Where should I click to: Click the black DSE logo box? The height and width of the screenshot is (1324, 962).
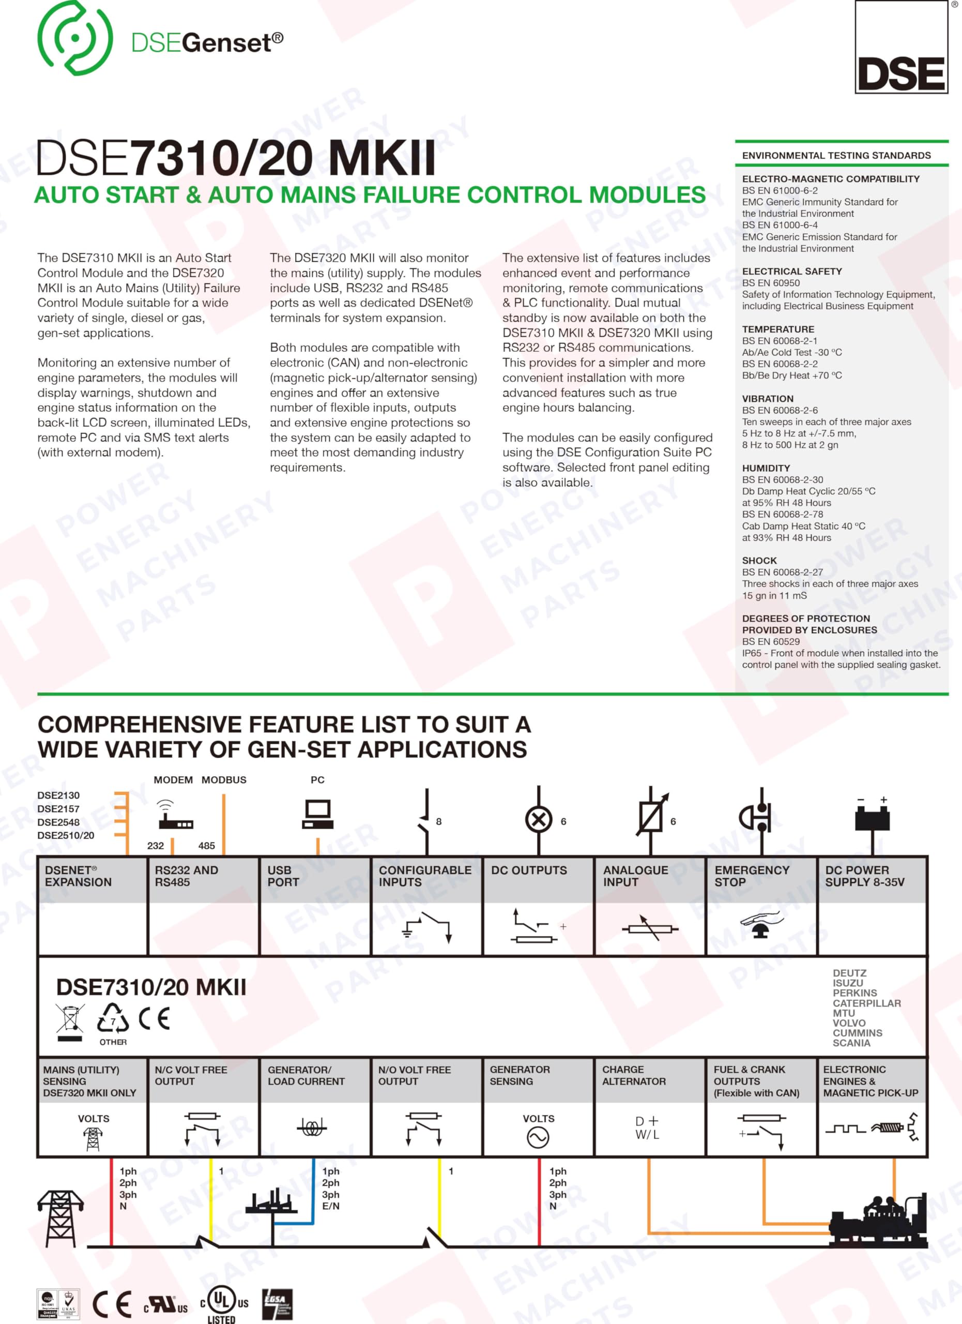902,47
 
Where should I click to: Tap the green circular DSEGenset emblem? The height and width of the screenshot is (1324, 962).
74,38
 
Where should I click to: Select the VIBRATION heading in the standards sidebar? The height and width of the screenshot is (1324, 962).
767,399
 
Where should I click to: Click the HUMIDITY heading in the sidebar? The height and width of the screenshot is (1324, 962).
766,468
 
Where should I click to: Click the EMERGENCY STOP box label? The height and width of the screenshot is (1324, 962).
752,876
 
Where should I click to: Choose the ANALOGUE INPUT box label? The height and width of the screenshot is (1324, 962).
635,876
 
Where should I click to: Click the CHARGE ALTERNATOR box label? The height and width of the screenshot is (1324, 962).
634,1075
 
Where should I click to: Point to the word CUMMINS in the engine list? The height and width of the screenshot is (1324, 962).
857,1033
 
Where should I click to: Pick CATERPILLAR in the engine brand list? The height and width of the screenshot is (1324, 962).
866,1003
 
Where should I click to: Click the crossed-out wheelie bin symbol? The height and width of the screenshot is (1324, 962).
70,1020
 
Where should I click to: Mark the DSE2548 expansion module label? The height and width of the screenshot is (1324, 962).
58,822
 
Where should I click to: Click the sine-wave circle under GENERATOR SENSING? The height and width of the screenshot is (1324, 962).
538,1137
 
